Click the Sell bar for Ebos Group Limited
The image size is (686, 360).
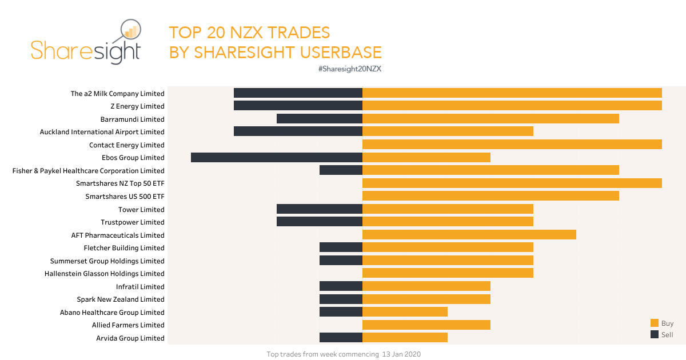point(277,158)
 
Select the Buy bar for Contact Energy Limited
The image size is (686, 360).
point(512,145)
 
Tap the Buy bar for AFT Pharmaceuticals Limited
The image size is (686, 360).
point(469,235)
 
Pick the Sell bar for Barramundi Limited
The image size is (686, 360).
point(320,119)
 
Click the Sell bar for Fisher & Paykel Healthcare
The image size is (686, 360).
point(341,170)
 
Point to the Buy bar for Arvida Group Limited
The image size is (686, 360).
point(405,338)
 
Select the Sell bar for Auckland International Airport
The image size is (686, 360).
point(298,132)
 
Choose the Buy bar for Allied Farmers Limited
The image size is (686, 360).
point(426,325)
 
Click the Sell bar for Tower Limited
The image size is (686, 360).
point(320,209)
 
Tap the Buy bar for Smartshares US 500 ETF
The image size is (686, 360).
point(490,196)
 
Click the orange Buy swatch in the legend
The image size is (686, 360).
point(655,323)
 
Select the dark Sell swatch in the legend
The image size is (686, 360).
point(655,334)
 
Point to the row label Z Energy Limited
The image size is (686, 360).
point(137,106)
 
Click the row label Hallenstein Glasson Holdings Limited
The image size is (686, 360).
point(105,274)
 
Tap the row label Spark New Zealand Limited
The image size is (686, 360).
point(121,299)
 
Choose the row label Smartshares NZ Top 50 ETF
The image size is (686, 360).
point(120,183)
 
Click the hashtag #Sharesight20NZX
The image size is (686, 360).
point(349,69)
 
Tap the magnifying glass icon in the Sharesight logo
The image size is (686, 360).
point(129,34)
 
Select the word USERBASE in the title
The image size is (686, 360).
point(337,53)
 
